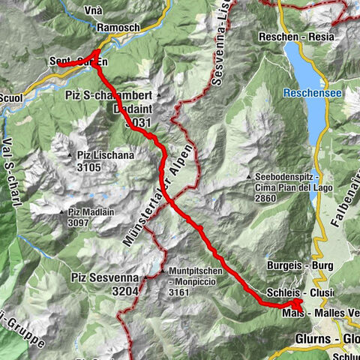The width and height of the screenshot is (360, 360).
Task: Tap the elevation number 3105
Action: (88, 167)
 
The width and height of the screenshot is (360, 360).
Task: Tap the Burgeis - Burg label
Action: (299, 265)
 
